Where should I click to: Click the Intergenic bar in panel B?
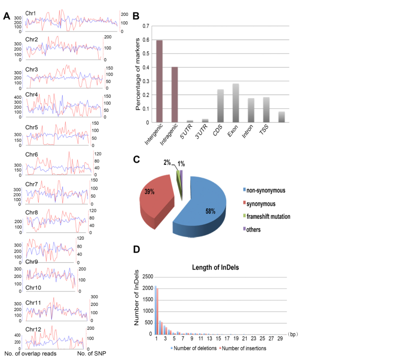[159, 81]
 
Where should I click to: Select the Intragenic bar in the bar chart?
[175, 94]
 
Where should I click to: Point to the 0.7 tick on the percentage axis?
[145, 26]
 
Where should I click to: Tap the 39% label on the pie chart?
[149, 192]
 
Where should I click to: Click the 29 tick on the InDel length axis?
[280, 338]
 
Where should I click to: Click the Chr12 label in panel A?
[32, 329]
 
